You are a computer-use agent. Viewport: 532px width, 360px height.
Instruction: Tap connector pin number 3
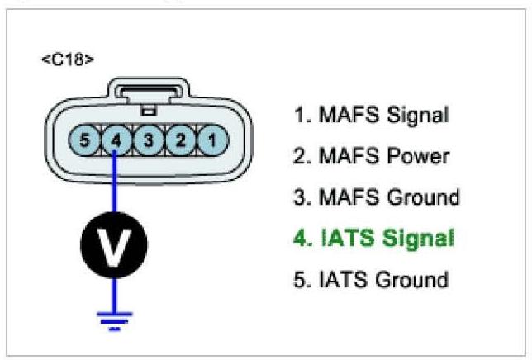coord(149,140)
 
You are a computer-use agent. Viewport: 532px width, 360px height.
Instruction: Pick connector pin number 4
coord(116,140)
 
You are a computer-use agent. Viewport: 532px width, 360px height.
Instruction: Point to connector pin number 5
coord(84,140)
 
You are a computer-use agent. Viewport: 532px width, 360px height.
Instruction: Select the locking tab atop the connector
coord(150,92)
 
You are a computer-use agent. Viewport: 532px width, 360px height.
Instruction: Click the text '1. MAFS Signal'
coord(371,115)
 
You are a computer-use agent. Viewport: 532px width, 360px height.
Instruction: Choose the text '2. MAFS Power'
coord(371,156)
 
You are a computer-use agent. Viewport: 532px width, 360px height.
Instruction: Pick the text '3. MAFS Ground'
coord(377,197)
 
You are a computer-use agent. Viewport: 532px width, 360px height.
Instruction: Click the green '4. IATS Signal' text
coord(373,239)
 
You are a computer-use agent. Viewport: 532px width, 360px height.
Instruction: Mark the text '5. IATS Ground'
coord(371,279)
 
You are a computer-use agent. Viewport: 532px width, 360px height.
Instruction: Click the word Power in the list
coord(417,156)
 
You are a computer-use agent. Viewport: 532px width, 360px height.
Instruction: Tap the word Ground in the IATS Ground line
coord(412,279)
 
